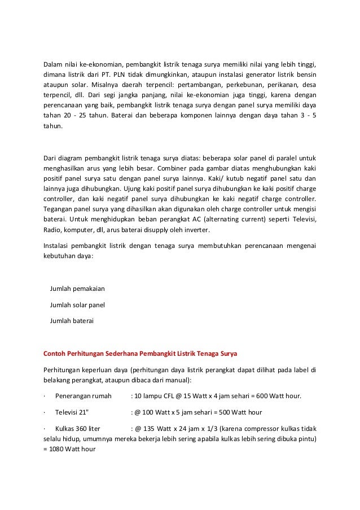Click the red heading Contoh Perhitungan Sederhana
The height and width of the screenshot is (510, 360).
click(141, 354)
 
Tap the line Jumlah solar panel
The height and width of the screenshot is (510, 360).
click(77, 305)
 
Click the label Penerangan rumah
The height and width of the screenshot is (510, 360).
click(84, 395)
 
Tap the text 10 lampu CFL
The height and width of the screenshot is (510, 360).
click(154, 395)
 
